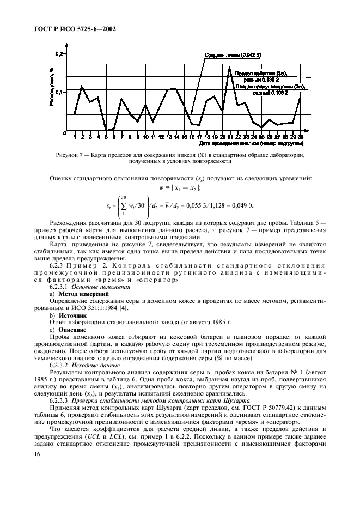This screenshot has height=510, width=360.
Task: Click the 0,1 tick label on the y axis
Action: point(59,92)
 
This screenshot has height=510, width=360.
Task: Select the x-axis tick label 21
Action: point(230,137)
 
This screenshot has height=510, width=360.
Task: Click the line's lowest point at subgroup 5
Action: point(106,131)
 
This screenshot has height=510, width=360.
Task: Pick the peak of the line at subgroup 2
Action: point(82,86)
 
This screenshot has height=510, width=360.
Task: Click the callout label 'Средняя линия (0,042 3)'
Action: point(228,56)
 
